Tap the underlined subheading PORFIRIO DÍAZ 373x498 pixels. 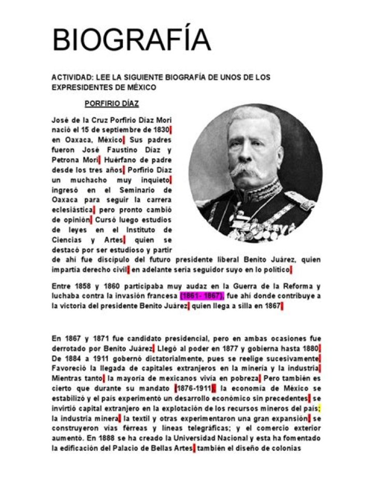coord(111,103)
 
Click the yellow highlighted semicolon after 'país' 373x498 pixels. coord(320,408)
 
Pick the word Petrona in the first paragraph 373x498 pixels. coord(66,160)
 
